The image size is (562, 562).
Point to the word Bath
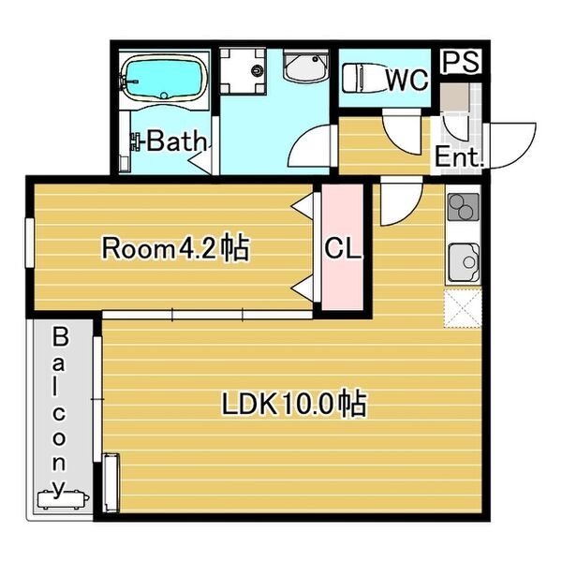point(177,142)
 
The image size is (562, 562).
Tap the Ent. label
point(458,157)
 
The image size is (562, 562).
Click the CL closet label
point(342,249)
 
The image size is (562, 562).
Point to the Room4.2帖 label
point(175,249)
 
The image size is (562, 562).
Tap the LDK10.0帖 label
point(293,404)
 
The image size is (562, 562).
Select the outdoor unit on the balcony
point(62,498)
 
